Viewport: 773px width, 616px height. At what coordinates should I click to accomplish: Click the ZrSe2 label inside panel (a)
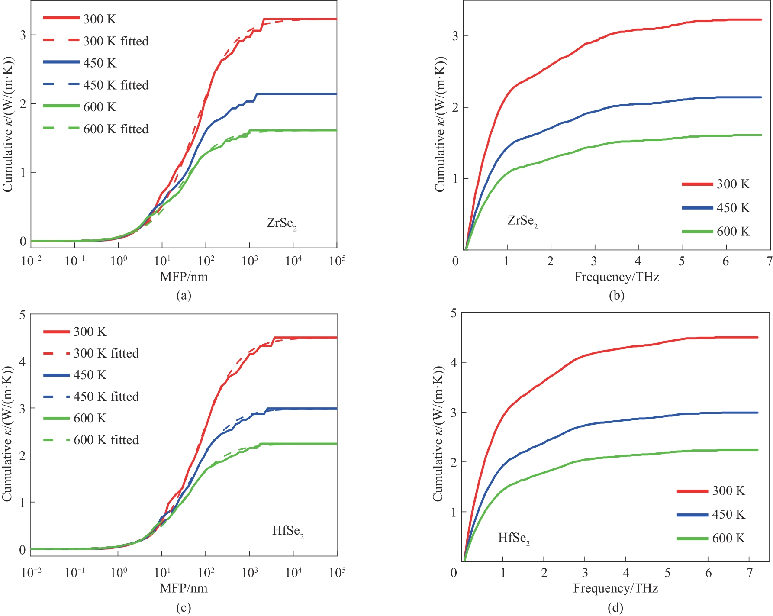pos(282,223)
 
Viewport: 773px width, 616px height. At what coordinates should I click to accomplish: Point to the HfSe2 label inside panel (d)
pos(514,538)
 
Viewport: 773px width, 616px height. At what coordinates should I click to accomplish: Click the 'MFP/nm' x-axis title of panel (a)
pos(184,277)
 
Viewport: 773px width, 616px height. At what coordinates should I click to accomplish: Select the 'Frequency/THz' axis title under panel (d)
pos(615,588)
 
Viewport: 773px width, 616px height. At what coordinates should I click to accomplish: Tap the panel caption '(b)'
pos(616,296)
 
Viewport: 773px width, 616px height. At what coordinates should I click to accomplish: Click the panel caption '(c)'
pos(184,608)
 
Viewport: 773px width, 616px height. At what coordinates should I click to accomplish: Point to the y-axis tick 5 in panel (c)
pos(23,315)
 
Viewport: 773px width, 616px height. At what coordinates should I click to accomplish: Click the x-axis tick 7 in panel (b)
pos(769,261)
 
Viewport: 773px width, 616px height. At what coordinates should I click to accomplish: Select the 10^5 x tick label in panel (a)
pos(337,261)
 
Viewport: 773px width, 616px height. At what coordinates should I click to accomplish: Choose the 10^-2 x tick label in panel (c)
pos(31,573)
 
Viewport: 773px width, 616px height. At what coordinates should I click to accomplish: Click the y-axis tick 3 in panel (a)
pos(23,35)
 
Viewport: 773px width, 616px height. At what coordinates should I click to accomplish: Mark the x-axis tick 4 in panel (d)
pos(626,573)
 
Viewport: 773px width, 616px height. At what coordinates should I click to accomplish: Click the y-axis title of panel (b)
pos(440,125)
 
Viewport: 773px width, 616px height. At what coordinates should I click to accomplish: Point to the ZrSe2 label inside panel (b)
pos(522,221)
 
